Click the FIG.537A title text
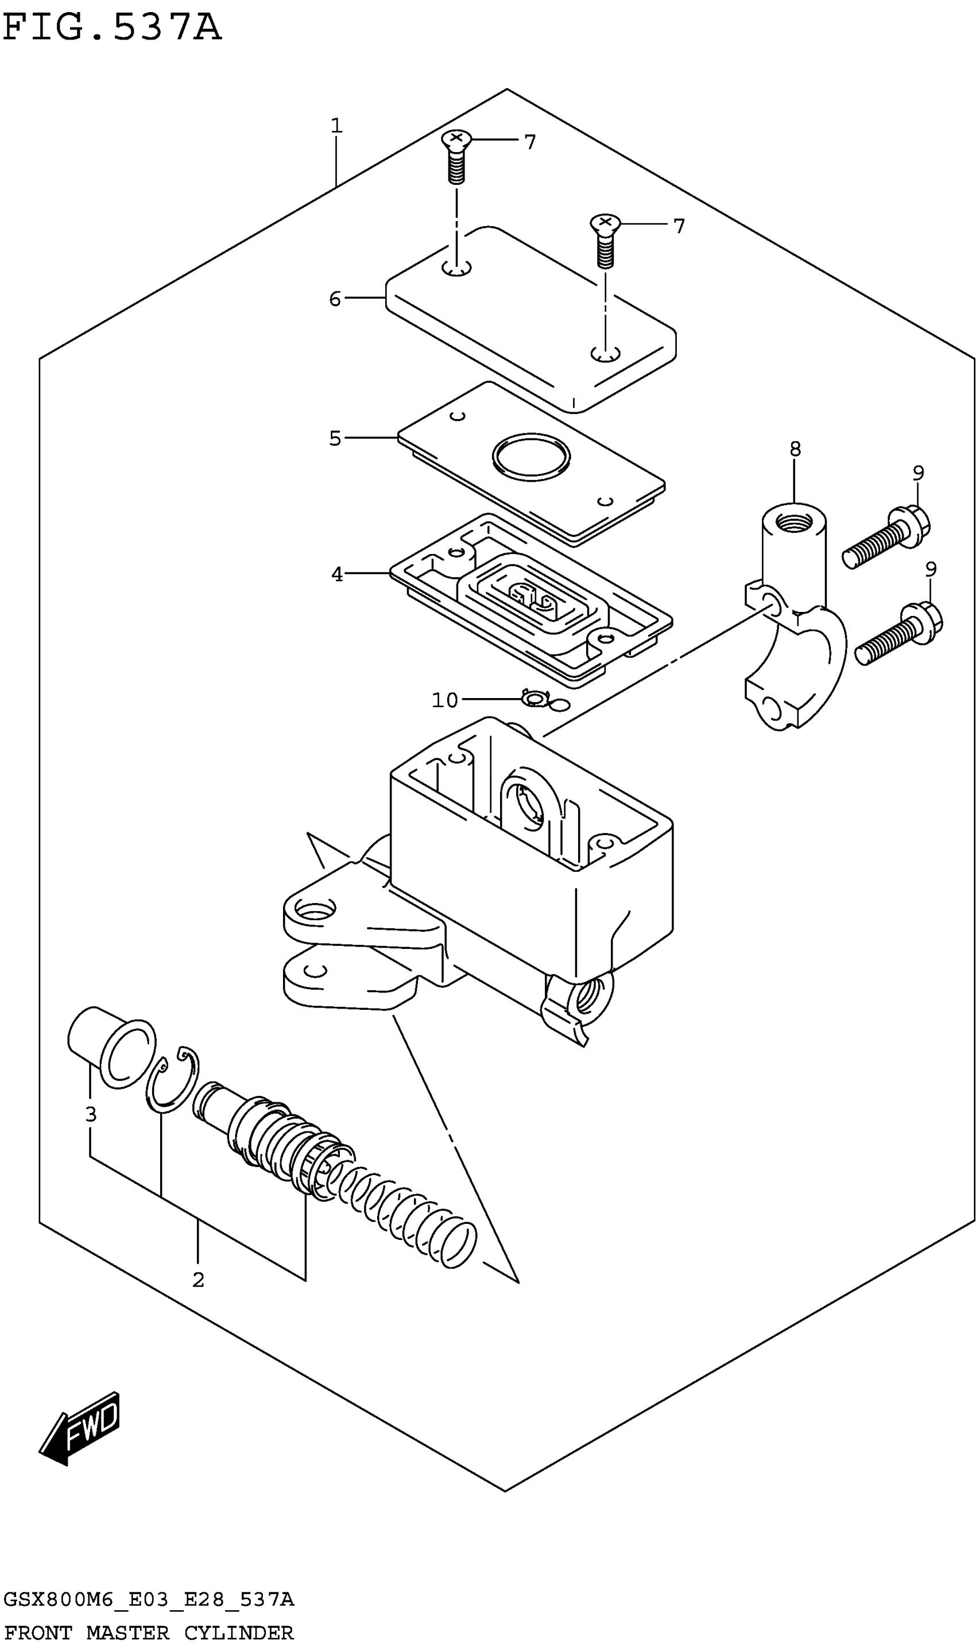[x=112, y=28]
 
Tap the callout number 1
[x=336, y=125]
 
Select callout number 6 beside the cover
[x=335, y=299]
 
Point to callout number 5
[x=335, y=438]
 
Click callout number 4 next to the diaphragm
[x=337, y=575]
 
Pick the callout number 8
[x=795, y=449]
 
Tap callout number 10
[x=444, y=700]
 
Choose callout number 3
[x=91, y=1114]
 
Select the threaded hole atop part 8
[x=794, y=524]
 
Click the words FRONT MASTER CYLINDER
[x=149, y=1633]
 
